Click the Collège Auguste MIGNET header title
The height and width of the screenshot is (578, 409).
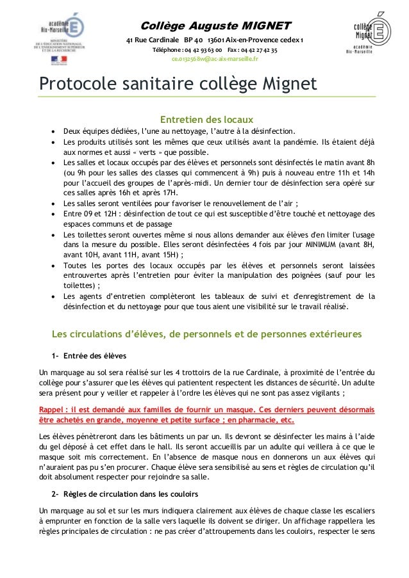coord(215,26)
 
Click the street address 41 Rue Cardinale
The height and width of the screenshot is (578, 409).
coord(151,40)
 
